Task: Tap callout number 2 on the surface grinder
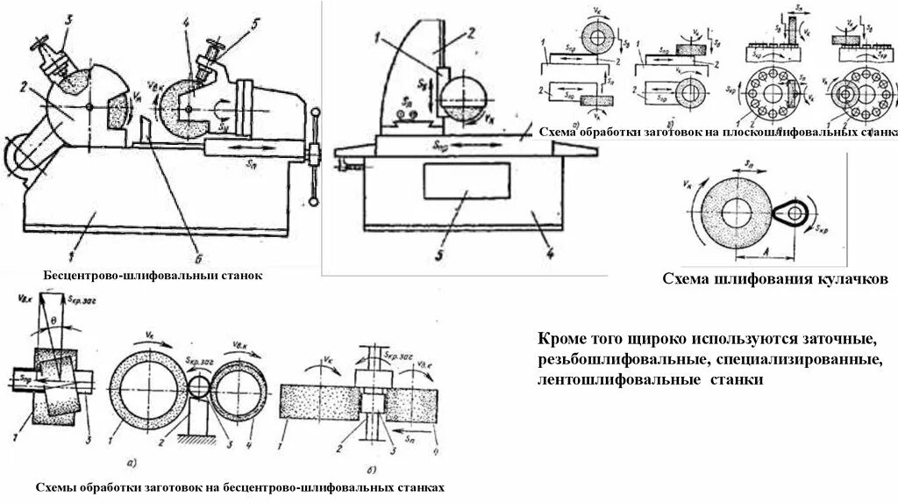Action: [x=469, y=33]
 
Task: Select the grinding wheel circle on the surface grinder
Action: [x=462, y=97]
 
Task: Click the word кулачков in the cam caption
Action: [x=852, y=279]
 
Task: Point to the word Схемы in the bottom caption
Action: [x=56, y=486]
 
